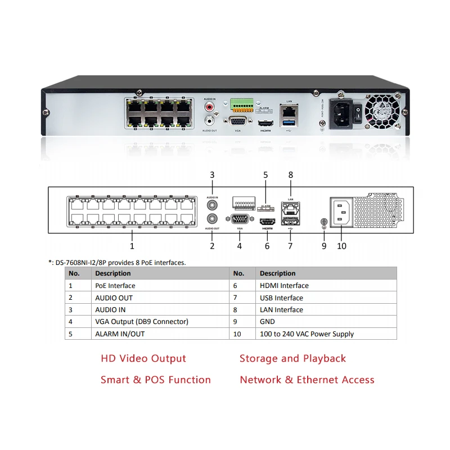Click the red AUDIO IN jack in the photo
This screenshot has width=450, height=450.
click(210, 106)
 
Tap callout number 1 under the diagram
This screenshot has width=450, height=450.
click(132, 246)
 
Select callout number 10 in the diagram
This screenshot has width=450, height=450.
click(341, 246)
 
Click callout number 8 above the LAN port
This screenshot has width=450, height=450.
click(291, 175)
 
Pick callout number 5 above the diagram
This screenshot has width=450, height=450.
click(265, 175)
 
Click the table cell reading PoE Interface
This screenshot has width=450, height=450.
click(115, 286)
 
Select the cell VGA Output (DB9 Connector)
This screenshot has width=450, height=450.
click(142, 322)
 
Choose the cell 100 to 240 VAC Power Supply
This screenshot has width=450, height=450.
click(307, 334)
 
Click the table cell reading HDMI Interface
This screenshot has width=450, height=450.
click(284, 286)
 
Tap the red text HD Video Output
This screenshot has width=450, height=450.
click(143, 358)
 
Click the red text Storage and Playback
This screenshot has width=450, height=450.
click(292, 358)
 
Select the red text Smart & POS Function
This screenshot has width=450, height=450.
click(156, 380)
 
